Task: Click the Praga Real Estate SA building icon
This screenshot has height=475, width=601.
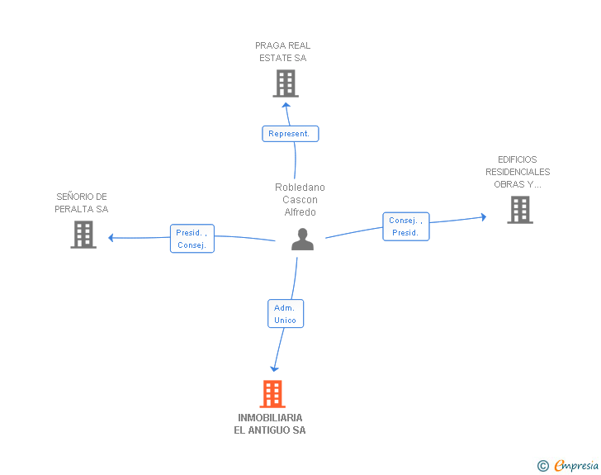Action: (285, 83)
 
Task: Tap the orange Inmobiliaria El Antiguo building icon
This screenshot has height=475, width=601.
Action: (272, 394)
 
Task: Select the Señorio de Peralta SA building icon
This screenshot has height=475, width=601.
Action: (83, 235)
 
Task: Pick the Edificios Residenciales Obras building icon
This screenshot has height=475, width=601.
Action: (519, 210)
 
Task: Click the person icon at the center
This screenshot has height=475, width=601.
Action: (303, 240)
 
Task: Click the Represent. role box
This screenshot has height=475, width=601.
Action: (290, 134)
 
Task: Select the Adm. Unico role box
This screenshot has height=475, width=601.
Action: (286, 314)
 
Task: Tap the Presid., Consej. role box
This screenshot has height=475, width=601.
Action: (192, 239)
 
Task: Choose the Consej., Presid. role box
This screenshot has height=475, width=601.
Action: (405, 226)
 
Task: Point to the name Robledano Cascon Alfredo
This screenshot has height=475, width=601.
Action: (300, 200)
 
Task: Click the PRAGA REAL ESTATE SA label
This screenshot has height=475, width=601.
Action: (282, 52)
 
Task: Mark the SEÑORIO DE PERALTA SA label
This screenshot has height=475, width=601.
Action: (82, 203)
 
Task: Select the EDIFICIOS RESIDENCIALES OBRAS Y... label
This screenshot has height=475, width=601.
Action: (518, 172)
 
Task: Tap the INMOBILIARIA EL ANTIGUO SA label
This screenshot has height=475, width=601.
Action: (270, 424)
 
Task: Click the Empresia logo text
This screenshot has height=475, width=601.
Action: (575, 466)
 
